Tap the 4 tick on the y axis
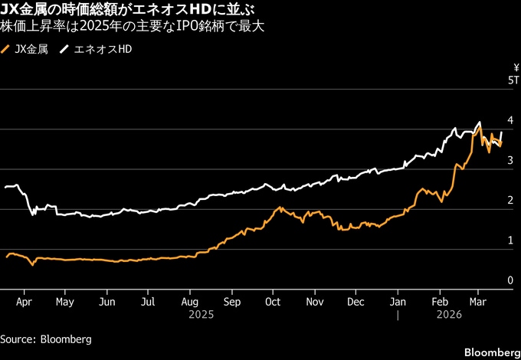pos(510,121)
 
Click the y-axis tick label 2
pos(510,201)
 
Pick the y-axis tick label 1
pos(510,241)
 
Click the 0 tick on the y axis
pos(510,281)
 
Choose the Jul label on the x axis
pos(149,302)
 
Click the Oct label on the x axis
pos(272,302)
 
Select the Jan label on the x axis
pos(398,302)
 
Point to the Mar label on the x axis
pos(478,302)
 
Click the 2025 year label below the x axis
pos(201,314)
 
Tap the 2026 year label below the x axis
pos(449,314)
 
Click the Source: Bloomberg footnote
pos(46,339)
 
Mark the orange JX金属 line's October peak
pos(280,207)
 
